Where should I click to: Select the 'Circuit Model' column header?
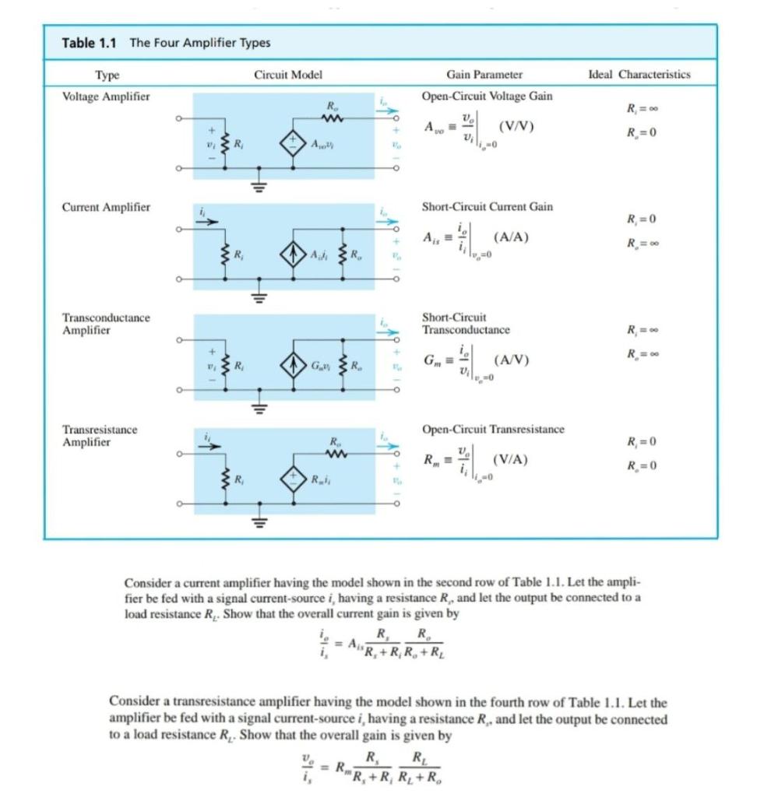click(288, 75)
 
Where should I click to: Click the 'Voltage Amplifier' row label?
click(106, 96)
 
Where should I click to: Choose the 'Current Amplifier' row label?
click(106, 207)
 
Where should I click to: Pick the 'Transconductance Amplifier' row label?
click(106, 324)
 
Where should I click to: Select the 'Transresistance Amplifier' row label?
click(100, 436)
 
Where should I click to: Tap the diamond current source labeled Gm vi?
click(294, 364)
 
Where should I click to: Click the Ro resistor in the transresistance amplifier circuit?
click(333, 452)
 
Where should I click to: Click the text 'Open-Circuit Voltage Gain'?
click(487, 96)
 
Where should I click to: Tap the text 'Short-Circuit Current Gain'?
click(487, 207)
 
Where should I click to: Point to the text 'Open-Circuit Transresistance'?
click(492, 430)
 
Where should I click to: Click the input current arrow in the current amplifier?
click(206, 219)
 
